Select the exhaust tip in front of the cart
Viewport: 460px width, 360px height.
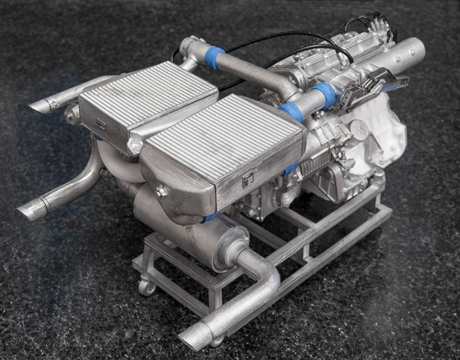tap(193, 338)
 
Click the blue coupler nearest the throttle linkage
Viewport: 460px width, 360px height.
tap(325, 93)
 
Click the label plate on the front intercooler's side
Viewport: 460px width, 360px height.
tap(248, 180)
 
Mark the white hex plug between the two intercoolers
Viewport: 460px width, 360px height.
tap(135, 146)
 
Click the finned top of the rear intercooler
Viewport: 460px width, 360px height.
tap(147, 92)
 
